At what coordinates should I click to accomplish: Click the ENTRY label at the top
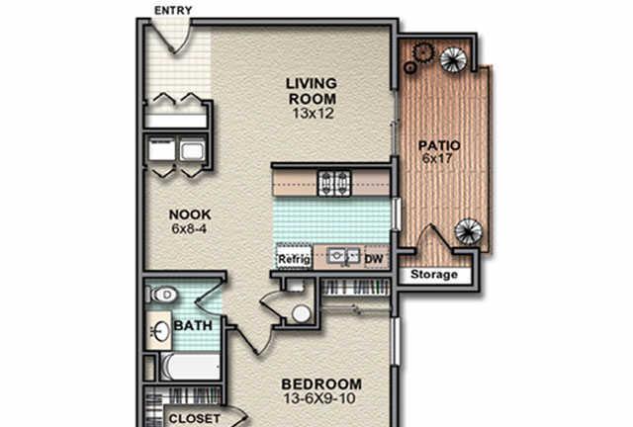click(x=173, y=11)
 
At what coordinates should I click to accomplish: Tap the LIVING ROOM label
click(x=312, y=91)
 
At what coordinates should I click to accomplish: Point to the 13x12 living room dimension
click(x=314, y=114)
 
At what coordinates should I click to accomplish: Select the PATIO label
click(x=439, y=145)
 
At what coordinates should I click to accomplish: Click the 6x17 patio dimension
click(x=437, y=158)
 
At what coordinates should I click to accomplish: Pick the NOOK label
click(x=190, y=214)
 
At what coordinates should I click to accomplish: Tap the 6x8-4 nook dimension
click(x=189, y=229)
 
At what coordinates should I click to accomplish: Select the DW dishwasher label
click(x=374, y=259)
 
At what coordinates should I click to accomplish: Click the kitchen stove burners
click(x=334, y=183)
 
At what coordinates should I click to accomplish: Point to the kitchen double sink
click(x=343, y=256)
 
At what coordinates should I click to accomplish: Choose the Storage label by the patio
click(x=434, y=275)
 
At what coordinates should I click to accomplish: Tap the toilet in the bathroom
click(x=161, y=295)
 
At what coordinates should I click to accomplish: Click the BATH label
click(x=193, y=326)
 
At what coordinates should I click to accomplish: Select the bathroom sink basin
click(x=161, y=331)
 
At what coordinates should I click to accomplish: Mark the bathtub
click(x=191, y=367)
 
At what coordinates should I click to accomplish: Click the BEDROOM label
click(x=321, y=384)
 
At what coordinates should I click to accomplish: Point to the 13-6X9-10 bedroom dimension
click(x=319, y=398)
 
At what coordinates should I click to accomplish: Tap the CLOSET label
click(x=195, y=419)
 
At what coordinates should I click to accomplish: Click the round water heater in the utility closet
click(x=301, y=313)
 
